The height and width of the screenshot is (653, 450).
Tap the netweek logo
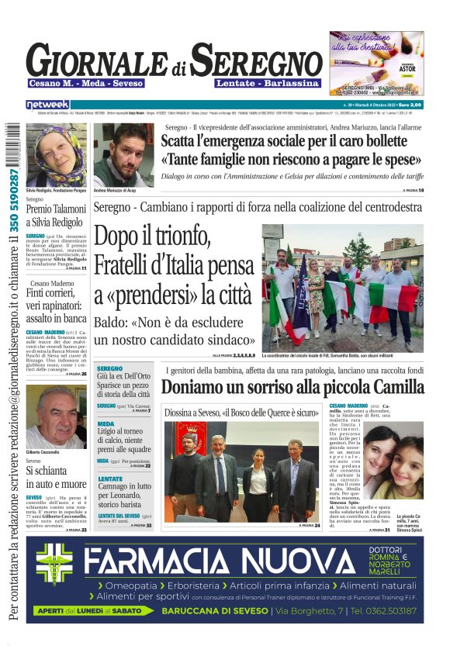point(47,104)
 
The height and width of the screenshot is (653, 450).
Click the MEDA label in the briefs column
point(106,424)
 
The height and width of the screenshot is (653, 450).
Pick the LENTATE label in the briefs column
point(110,479)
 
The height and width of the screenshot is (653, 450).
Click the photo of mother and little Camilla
point(393,465)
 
